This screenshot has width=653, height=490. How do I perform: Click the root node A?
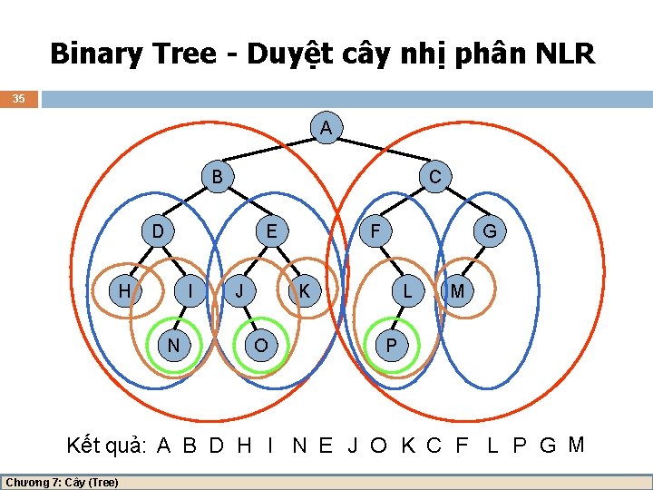coord(326,128)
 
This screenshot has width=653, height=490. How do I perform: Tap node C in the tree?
coord(434,176)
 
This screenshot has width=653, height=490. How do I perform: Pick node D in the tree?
coord(158,231)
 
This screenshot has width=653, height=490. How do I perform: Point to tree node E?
coord(271,231)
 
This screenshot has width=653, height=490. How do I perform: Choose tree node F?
coord(374,231)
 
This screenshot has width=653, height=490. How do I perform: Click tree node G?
coord(489,231)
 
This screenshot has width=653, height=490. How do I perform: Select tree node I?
coord(189,290)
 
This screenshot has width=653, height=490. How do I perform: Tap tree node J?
coord(239,290)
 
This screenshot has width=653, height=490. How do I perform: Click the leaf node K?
coord(305,290)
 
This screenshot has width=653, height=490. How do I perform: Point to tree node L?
coord(408,290)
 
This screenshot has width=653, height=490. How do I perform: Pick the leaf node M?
coord(458,290)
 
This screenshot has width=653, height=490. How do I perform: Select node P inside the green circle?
coord(391,345)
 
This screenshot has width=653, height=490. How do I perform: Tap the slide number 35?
coord(19,98)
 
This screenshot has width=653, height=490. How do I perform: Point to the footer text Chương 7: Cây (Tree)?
coord(62,482)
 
